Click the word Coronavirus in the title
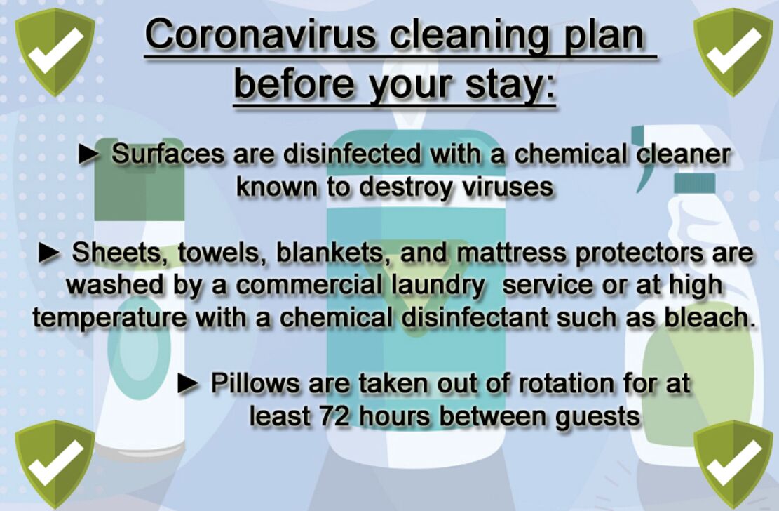261,35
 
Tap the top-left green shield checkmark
55,52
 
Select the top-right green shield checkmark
733,52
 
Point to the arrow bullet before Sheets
50,253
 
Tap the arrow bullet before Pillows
189,384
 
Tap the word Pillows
255,383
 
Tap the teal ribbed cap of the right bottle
695,183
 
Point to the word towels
219,253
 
